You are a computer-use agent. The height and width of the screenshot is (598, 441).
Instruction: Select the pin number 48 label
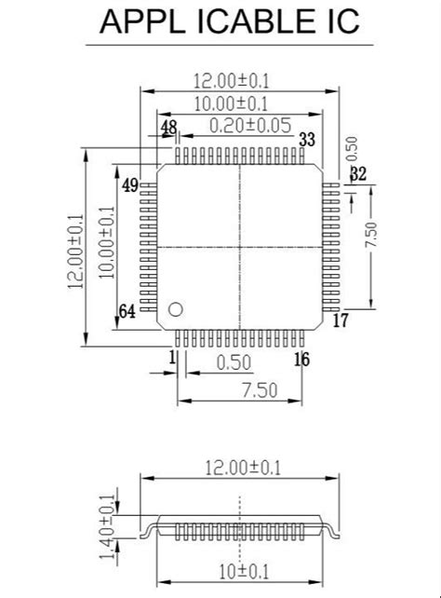168,128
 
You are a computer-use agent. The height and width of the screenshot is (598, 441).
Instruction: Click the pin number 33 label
308,140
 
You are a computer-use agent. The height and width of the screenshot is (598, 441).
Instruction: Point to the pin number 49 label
129,185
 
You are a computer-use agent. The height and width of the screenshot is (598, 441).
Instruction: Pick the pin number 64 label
127,311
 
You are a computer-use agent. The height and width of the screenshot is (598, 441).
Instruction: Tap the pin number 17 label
341,320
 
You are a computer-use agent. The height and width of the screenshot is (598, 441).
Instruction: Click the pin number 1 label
172,358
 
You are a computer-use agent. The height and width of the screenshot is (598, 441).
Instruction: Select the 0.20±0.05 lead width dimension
249,125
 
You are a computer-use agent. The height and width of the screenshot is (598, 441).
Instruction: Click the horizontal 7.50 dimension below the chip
260,390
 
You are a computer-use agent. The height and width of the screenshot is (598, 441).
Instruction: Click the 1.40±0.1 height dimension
108,527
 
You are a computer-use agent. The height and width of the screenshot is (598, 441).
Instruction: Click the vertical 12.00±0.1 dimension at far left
75,251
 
